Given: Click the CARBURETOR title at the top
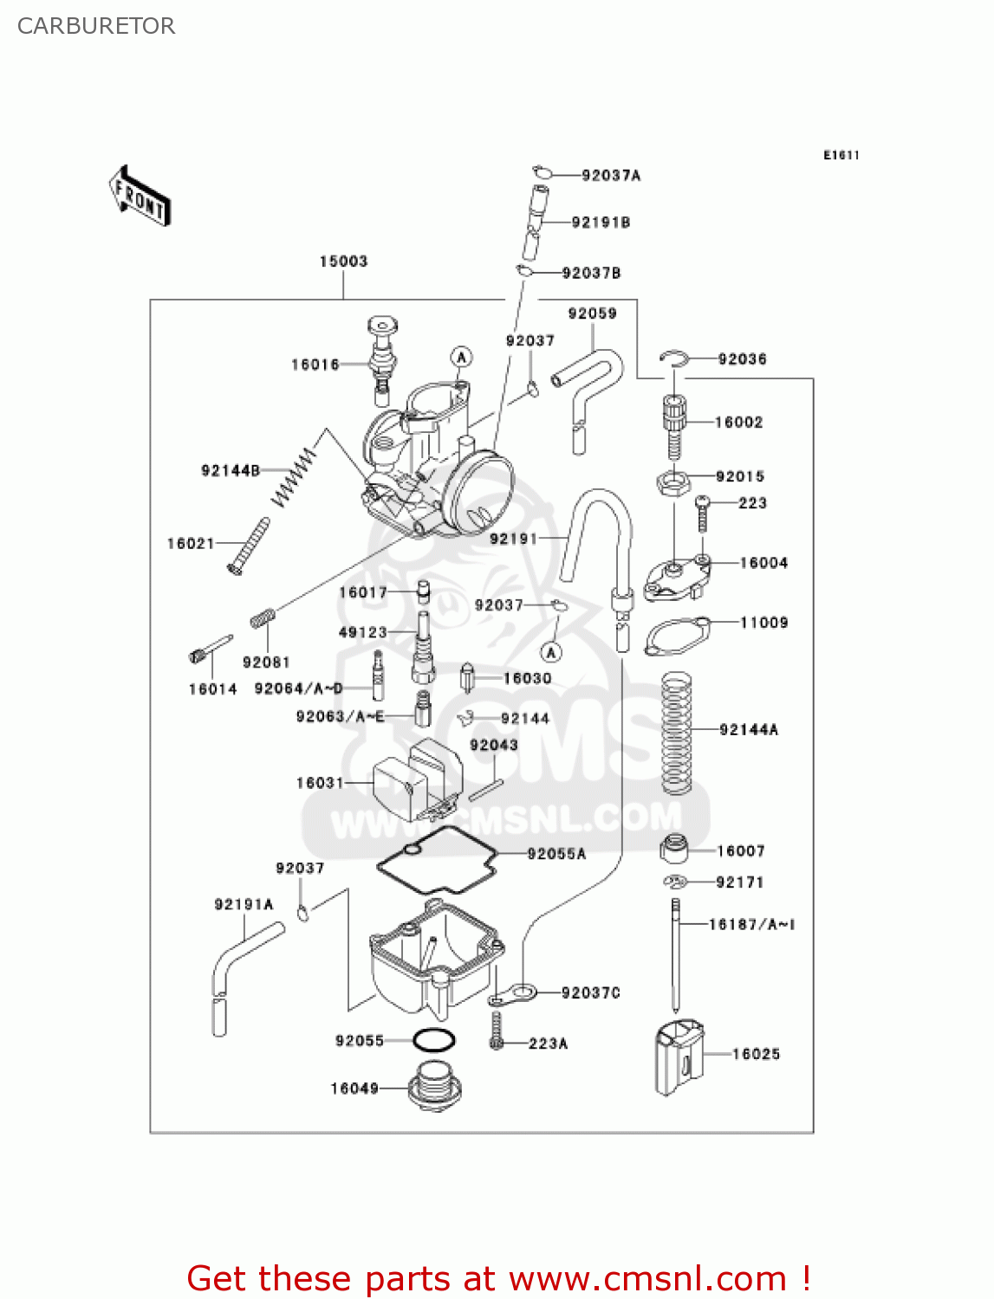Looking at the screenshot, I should (x=96, y=26).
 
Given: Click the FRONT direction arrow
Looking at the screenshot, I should (x=140, y=197).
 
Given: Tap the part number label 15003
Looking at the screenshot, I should (x=343, y=262).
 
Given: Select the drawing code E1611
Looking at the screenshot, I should (x=841, y=155).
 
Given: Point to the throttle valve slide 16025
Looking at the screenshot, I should (x=679, y=1057).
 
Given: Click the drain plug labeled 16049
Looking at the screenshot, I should (x=434, y=1088).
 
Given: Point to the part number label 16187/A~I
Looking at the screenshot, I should (x=751, y=925).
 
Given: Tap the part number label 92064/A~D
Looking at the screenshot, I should (x=298, y=688).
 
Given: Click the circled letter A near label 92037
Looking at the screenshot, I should (x=551, y=651).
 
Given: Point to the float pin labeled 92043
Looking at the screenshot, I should (x=486, y=790).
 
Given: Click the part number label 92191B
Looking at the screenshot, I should (x=601, y=223).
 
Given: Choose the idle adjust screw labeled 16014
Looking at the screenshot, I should (x=211, y=649).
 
